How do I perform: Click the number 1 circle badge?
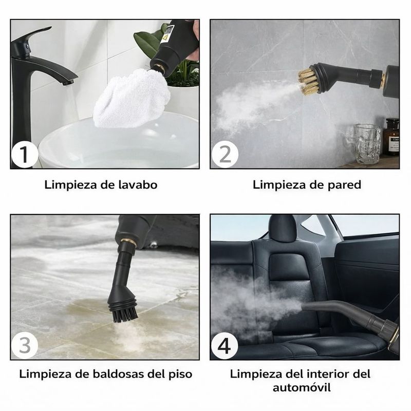pyautogui.click(x=24, y=155)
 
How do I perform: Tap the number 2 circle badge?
pyautogui.click(x=225, y=155)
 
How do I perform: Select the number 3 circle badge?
pyautogui.click(x=25, y=345)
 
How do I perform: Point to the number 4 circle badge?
pyautogui.click(x=225, y=346)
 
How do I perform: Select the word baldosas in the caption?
pyautogui.click(x=118, y=374)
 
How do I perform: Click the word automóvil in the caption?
pyautogui.click(x=302, y=387)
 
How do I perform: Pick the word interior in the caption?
pyautogui.click(x=329, y=374)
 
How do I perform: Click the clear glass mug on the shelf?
pyautogui.click(x=366, y=144)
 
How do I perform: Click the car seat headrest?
pyautogui.click(x=282, y=227)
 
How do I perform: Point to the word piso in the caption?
pyautogui.click(x=181, y=374)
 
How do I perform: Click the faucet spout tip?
pyautogui.click(x=68, y=83)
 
